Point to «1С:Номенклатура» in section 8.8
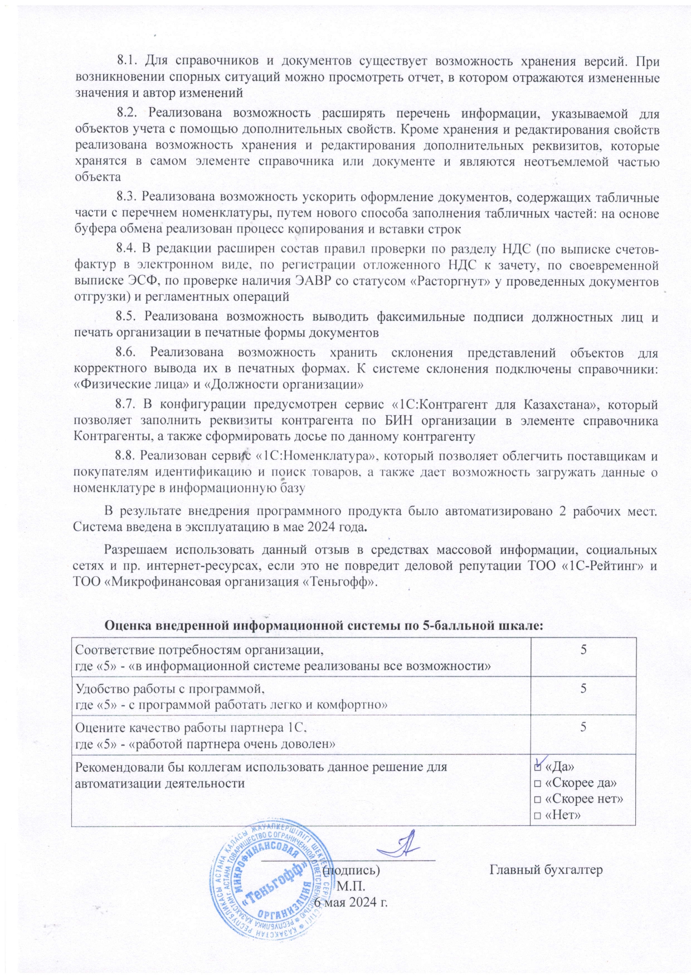pos(315,456)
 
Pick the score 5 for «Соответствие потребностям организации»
pos(583,650)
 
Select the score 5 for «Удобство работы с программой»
pos(583,689)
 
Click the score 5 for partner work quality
pos(583,727)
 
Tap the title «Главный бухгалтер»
pos(546,869)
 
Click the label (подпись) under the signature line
pos(351,869)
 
